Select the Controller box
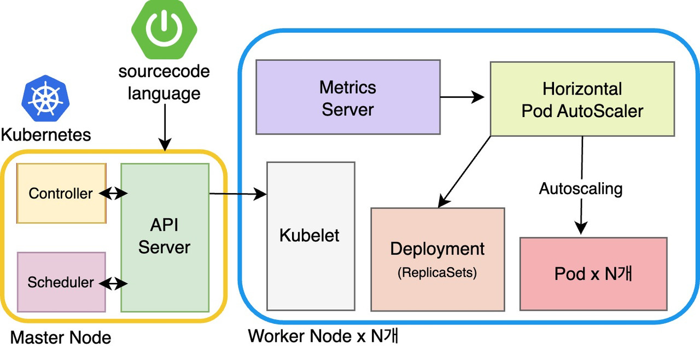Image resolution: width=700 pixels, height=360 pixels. coord(61,193)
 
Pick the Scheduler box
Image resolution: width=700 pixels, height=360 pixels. coord(61,282)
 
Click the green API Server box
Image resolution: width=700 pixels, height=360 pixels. coord(164,237)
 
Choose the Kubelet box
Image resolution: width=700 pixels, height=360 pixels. coord(310,236)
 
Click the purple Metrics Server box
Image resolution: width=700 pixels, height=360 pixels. coord(348,97)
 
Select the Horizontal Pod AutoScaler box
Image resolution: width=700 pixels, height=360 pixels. coord(582,100)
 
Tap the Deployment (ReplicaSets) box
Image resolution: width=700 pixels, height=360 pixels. coord(437,259)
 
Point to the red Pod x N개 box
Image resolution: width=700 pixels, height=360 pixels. coord(593,274)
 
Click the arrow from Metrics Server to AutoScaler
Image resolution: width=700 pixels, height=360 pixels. coord(462,97)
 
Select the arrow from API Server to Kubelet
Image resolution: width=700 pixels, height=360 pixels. coord(237,193)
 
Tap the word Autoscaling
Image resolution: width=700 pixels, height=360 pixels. coord(581,189)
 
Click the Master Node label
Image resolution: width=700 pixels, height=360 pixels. coord(61,338)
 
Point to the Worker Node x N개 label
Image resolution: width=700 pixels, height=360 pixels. coord(323,335)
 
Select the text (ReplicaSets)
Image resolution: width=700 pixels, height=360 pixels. coord(437,272)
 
